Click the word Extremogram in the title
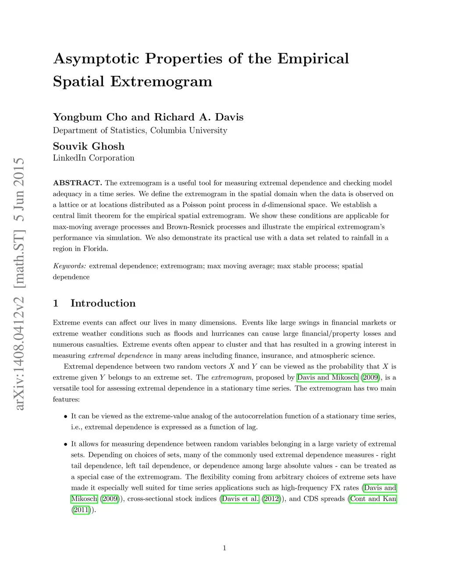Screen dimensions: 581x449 161,82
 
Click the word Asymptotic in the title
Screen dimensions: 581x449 96,59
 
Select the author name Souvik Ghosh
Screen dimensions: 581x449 89,146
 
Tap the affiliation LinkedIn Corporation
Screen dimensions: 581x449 93,158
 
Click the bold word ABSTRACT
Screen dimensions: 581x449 77,183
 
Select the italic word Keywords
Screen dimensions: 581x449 69,266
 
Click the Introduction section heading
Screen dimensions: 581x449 103,303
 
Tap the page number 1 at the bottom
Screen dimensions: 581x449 224,548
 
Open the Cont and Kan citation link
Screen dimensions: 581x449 373,499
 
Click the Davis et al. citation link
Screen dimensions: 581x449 240,499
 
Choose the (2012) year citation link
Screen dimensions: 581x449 271,499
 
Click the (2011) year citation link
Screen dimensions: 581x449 81,510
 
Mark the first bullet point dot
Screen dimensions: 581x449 66,417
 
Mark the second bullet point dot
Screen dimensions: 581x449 66,444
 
